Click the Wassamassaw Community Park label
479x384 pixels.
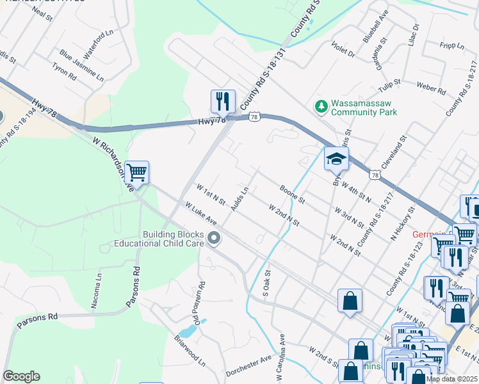pos(363,108)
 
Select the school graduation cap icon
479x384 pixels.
pos(336,159)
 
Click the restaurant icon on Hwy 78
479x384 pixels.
pos(223,101)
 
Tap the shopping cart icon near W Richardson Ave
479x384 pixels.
pos(136,172)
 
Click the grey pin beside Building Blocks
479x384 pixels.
pos(215,239)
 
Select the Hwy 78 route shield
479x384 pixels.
pos(255,116)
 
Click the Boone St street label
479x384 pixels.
pos(292,194)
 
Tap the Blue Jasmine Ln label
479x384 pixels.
pos(81,66)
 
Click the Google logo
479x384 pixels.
pos(21,376)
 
